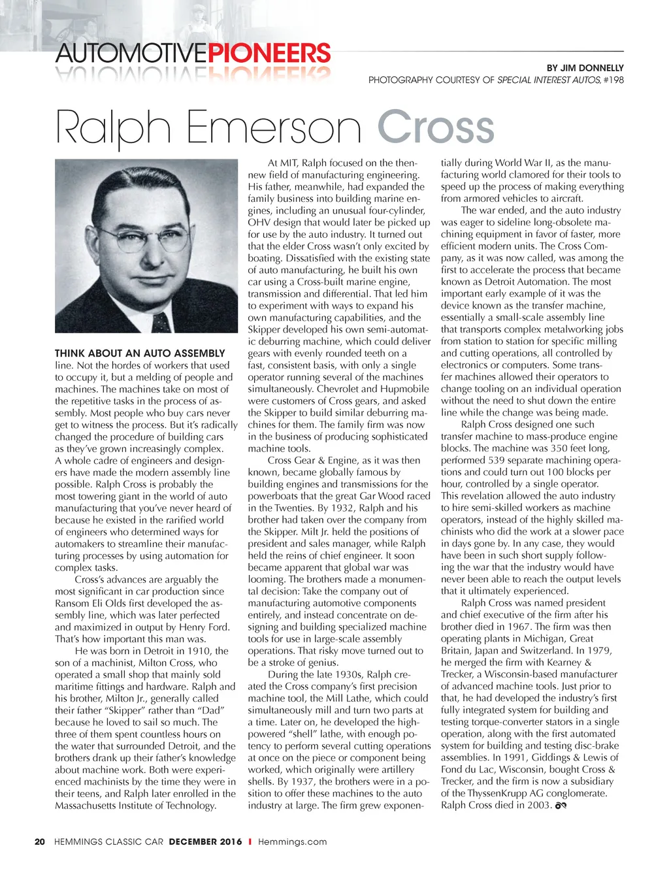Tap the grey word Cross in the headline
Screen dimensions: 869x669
[435, 127]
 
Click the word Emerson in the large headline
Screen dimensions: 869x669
[274, 127]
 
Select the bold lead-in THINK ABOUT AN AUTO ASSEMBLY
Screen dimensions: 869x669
[140, 353]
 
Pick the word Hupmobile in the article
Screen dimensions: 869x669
[408, 389]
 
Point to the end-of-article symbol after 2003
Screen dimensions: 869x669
[560, 806]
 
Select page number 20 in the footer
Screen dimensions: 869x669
[40, 842]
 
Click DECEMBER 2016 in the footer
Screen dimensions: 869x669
[205, 842]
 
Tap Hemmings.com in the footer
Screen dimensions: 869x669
[292, 842]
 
